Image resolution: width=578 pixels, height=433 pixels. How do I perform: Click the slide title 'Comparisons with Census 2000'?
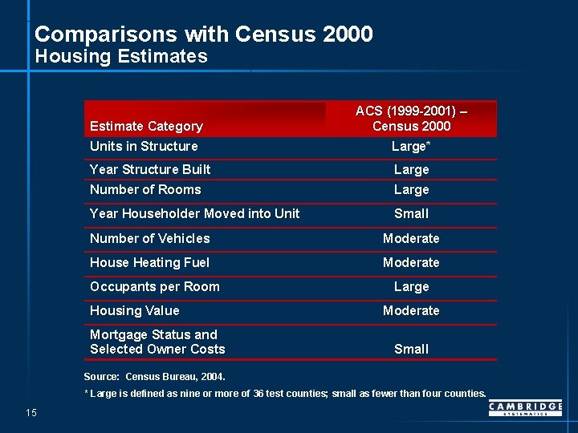204,34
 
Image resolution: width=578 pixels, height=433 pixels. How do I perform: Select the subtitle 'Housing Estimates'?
121,56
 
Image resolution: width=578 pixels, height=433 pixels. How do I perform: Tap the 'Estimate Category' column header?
146,126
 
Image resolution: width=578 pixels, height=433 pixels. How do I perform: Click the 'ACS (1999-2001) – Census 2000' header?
411,119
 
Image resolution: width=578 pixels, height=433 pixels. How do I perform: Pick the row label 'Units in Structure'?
144,146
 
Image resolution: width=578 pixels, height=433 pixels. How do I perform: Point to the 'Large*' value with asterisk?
411,146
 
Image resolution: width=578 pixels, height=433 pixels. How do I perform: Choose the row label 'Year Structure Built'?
150,169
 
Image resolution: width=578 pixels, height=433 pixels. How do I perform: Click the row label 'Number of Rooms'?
145,189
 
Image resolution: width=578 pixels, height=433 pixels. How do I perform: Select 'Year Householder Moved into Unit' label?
194,213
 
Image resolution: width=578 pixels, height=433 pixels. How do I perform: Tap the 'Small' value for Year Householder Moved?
411,213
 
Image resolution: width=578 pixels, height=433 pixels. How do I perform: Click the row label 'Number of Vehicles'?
149,238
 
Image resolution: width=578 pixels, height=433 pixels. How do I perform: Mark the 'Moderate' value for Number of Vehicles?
411,238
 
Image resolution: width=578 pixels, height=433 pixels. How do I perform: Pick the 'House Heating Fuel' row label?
149,262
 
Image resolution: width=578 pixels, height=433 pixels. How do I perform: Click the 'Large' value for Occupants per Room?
411,286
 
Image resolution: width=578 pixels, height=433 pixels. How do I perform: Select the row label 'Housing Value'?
135,310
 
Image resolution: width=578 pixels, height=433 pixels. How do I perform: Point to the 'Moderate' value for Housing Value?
411,310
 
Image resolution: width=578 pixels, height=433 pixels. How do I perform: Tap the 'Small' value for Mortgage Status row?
411,349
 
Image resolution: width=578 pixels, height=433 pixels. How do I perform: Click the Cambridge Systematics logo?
525,409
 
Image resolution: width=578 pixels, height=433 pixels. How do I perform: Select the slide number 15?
31,413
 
